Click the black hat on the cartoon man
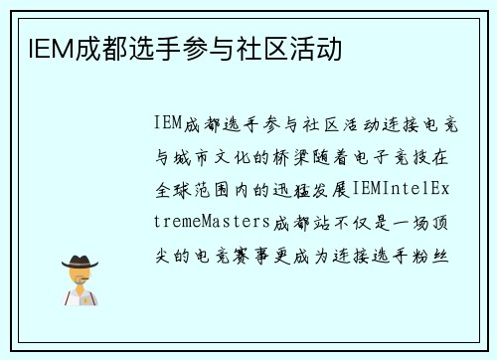point(80,261)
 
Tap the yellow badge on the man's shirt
point(88,294)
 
